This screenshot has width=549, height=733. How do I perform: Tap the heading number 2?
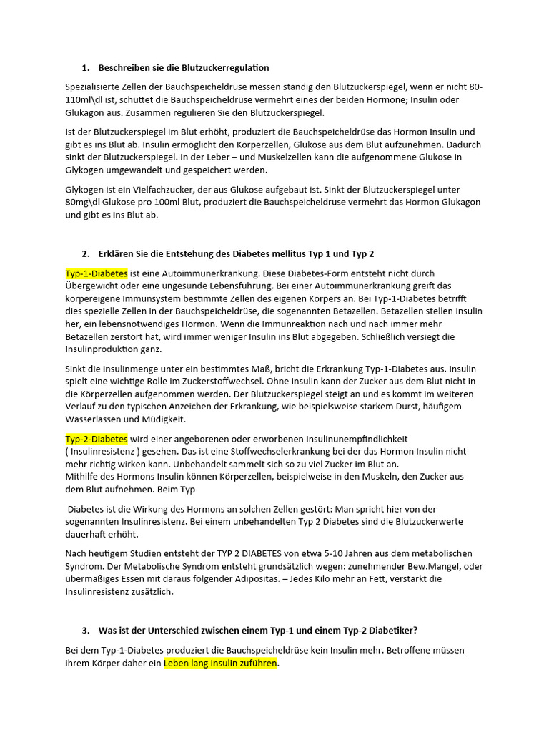pos(85,254)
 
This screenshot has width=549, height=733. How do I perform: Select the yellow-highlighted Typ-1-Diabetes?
pos(97,273)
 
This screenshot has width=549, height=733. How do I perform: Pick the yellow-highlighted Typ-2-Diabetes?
pos(97,439)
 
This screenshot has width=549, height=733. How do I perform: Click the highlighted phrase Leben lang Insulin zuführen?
pos(220,664)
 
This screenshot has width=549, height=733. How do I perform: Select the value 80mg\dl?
pos(84,202)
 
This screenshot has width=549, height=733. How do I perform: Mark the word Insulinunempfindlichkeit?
pos(351,439)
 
